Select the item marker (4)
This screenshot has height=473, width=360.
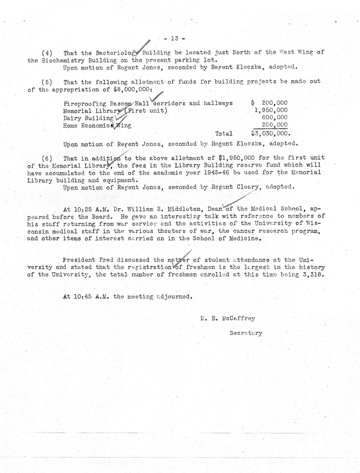[47, 53]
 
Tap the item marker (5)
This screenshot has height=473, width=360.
[47, 82]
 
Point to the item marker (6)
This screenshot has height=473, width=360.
[47, 158]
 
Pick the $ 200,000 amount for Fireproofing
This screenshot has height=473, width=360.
[270, 103]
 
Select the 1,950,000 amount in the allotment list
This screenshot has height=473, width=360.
[271, 110]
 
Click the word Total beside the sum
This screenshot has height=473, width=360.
[224, 134]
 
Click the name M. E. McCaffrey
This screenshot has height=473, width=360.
[228, 318]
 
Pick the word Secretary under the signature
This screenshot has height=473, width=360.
[246, 333]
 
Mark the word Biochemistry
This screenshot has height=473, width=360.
[56, 60]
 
